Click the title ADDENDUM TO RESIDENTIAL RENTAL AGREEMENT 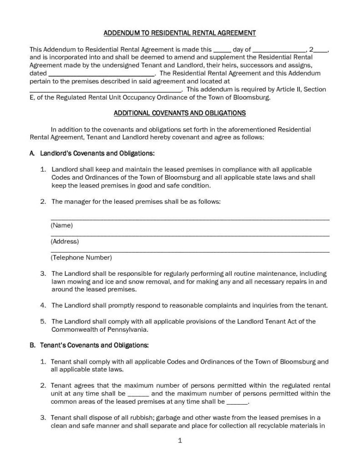pyautogui.click(x=180, y=33)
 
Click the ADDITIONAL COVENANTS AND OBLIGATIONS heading pyautogui.click(x=180, y=113)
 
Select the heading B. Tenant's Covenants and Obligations pyautogui.click(x=89, y=345)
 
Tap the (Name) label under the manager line pyautogui.click(x=62, y=225)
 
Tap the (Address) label pyautogui.click(x=65, y=242)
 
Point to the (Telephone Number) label pyautogui.click(x=81, y=258)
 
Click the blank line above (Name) pyautogui.click(x=190, y=219)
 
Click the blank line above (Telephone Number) pyautogui.click(x=190, y=251)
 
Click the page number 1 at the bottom pyautogui.click(x=180, y=441)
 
